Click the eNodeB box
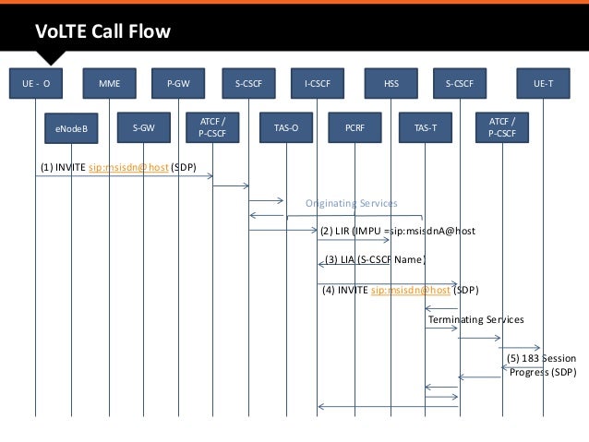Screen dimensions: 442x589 71,128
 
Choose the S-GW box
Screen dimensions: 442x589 143,127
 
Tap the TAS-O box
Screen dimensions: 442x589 285,128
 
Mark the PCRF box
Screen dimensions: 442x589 355,128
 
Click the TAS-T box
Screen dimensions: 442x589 426,128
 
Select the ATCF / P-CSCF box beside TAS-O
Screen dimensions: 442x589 213,127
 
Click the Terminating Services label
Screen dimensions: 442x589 475,319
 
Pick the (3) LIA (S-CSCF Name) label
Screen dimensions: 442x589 374,260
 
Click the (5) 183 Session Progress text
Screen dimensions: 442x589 542,365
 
